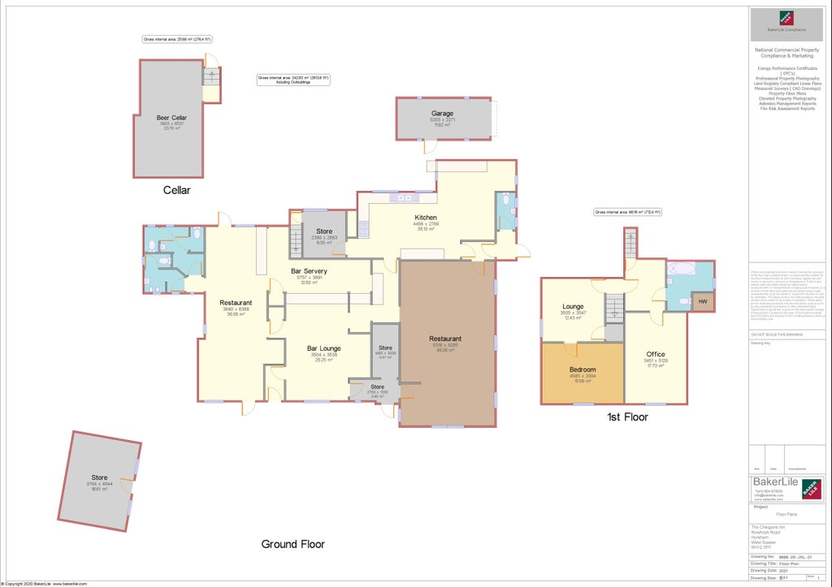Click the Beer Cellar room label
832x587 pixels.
tap(171, 118)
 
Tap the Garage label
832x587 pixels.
tap(443, 114)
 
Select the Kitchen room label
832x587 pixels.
tap(426, 218)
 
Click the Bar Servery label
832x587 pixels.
tap(309, 270)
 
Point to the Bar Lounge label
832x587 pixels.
tap(323, 348)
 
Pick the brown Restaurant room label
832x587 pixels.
tap(445, 339)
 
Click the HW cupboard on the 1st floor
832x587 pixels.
tap(701, 303)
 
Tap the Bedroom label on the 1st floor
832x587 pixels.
tap(583, 370)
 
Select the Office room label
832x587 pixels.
tap(655, 355)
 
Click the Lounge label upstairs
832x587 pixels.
tap(573, 306)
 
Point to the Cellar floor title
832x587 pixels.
tap(176, 191)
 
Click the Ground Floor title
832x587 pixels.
tap(292, 544)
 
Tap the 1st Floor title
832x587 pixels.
tap(627, 417)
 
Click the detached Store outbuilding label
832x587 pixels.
tap(99, 477)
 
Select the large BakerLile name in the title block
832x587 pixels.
tap(774, 481)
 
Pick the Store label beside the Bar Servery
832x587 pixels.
tap(324, 231)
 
